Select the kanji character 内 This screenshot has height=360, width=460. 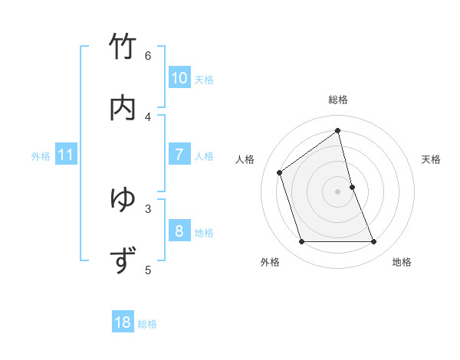pos(123,109)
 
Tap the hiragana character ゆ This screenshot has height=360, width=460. pos(123,200)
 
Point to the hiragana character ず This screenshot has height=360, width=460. pos(123,261)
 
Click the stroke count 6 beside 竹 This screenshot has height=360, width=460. pos(148,55)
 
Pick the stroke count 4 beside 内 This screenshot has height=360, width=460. pos(148,116)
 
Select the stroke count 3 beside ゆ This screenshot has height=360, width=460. pos(148,208)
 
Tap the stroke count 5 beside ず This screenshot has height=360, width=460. pos(148,269)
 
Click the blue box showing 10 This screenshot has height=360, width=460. pos(179,78)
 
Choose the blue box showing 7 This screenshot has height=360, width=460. pos(179,155)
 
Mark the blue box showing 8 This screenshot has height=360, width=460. pos(179,231)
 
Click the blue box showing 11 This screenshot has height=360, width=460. pos(66,155)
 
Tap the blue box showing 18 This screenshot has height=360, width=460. pos(123,322)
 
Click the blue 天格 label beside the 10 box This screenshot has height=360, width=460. pos(204,80)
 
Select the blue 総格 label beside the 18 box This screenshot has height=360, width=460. pos(148,324)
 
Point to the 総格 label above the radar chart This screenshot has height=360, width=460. pos(338,100)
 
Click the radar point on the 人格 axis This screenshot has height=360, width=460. pos(280,172)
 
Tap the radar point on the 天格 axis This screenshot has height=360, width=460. pos(352,187)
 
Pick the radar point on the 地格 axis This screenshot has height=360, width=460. pos(374,242)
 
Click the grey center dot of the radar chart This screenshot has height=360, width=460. pos(338,191)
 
